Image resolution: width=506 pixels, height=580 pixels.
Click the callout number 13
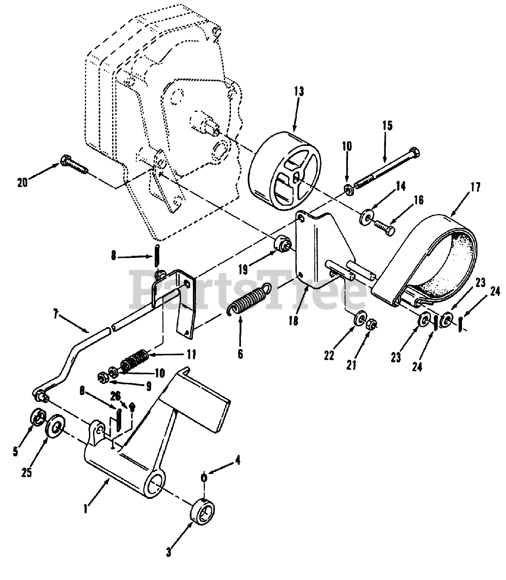click(298, 91)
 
